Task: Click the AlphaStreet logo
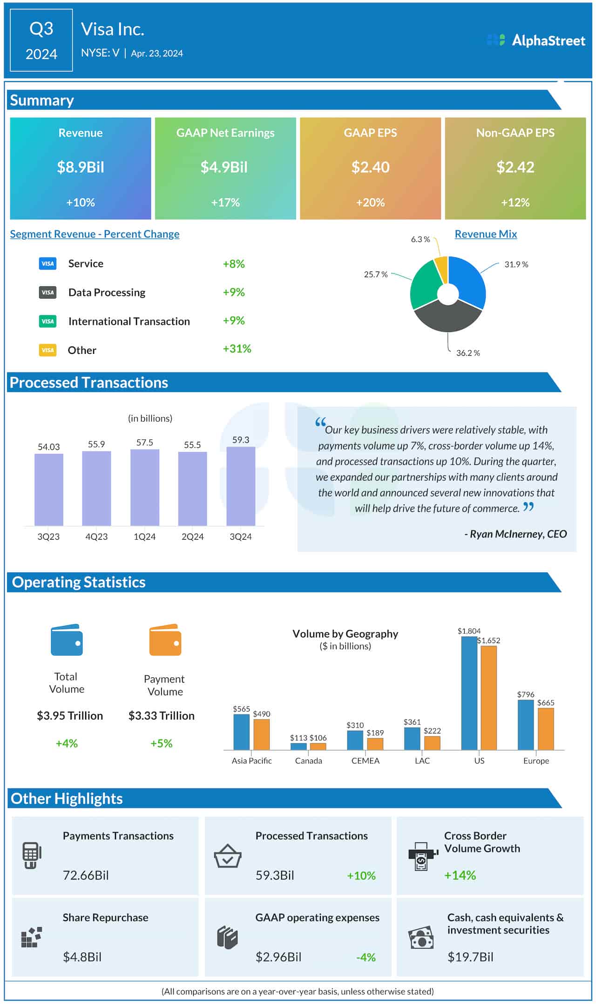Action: pos(535,41)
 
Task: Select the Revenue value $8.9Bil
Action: pos(81,167)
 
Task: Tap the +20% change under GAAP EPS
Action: pos(370,203)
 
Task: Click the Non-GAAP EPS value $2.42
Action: pos(515,167)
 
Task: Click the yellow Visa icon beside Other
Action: pos(47,350)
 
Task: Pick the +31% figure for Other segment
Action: pos(237,349)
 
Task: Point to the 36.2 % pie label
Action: pos(467,353)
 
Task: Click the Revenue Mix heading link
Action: pos(486,234)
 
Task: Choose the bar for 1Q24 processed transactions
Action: pos(144,488)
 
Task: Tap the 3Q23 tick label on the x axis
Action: pos(48,536)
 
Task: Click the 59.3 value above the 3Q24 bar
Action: pos(241,440)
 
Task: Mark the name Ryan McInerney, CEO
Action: pos(515,534)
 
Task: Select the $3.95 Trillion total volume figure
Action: pos(70,716)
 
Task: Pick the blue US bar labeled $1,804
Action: pos(469,693)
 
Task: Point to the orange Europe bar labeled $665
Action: pos(545,729)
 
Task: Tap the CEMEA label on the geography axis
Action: pos(365,761)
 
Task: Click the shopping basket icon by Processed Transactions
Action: pos(227,856)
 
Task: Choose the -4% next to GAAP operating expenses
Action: pos(366,957)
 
